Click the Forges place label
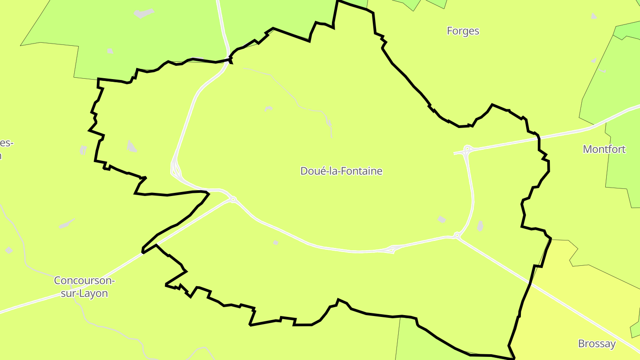click(x=463, y=31)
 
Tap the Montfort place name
click(x=604, y=149)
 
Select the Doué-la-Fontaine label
click(x=341, y=171)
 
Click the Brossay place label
click(x=597, y=344)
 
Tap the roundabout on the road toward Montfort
click(x=467, y=148)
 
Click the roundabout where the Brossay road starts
click(x=457, y=235)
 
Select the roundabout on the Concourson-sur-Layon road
click(x=233, y=200)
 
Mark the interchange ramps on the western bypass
click(x=176, y=169)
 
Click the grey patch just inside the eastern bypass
click(x=441, y=219)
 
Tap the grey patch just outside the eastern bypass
click(x=480, y=226)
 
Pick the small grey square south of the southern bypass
click(x=276, y=243)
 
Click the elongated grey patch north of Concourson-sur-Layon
click(x=67, y=223)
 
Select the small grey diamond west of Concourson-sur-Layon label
click(x=8, y=250)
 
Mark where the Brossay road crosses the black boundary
click(x=530, y=283)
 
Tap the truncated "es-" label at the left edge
click(x=6, y=144)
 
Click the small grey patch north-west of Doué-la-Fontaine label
click(x=268, y=108)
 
